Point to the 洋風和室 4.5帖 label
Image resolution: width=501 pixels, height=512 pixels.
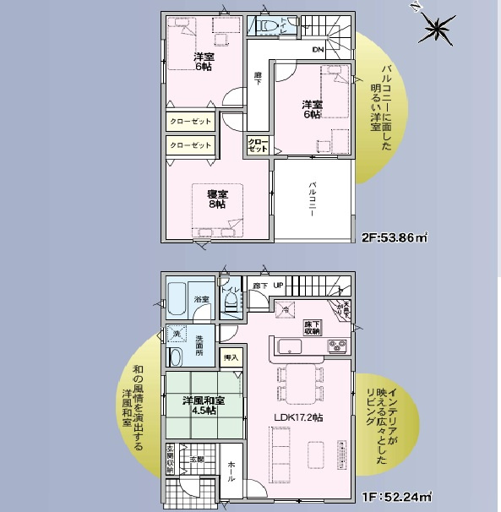pyautogui.click(x=203, y=406)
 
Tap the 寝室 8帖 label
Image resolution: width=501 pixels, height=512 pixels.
pyautogui.click(x=216, y=199)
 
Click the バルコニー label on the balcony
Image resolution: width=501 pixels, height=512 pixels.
pyautogui.click(x=312, y=199)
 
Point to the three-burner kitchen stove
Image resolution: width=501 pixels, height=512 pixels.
pyautogui.click(x=338, y=346)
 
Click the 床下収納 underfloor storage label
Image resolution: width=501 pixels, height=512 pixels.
pyautogui.click(x=312, y=328)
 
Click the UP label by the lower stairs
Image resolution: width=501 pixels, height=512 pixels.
pyautogui.click(x=277, y=286)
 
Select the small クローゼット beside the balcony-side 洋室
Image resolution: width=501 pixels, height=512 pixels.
pyautogui.click(x=259, y=144)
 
